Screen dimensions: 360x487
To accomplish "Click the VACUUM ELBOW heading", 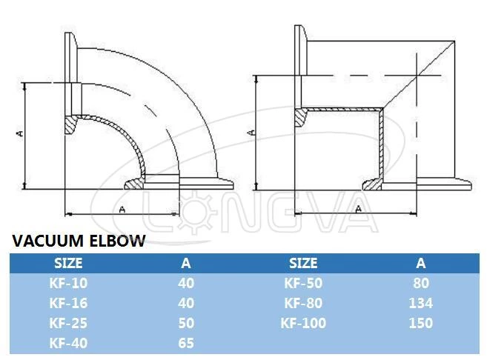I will [x=78, y=241].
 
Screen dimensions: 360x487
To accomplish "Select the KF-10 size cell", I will [x=68, y=282].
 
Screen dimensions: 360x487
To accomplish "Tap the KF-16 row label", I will [x=68, y=302].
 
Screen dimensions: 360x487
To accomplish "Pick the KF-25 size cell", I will [x=68, y=322].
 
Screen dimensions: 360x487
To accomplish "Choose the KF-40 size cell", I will [x=68, y=342].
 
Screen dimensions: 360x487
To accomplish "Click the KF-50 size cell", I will [x=302, y=282].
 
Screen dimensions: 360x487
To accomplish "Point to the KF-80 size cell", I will [x=302, y=302].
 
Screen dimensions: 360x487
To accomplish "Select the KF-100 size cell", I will [x=302, y=322].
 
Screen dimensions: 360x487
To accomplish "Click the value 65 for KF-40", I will [x=186, y=342].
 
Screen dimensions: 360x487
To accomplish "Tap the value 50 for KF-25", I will [x=186, y=322].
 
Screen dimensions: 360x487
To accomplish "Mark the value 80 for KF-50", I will [x=421, y=282].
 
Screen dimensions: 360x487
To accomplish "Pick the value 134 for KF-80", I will [x=421, y=302].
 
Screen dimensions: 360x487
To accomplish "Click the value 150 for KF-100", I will [x=421, y=322].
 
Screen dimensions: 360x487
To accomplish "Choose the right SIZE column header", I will [x=302, y=263].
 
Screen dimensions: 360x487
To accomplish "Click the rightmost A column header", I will [x=421, y=263].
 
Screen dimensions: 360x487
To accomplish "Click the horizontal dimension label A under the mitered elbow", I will [x=358, y=209].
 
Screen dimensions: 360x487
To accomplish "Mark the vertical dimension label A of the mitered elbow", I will [x=251, y=132].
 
